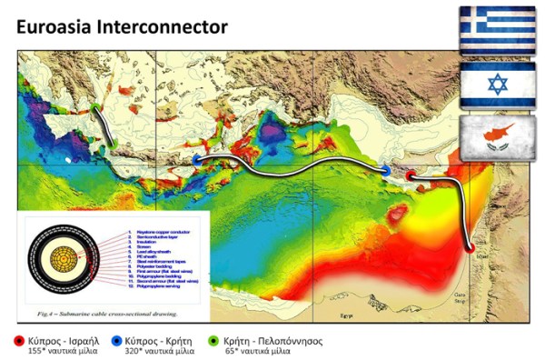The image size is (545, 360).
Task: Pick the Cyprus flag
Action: point(496,137)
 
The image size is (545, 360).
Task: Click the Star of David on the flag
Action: point(496,85)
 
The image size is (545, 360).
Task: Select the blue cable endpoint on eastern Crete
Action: point(197,160)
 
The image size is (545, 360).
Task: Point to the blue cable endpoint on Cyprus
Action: point(386,170)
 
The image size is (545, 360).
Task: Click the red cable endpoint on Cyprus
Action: point(411,175)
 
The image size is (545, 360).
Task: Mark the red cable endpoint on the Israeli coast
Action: point(470,245)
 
